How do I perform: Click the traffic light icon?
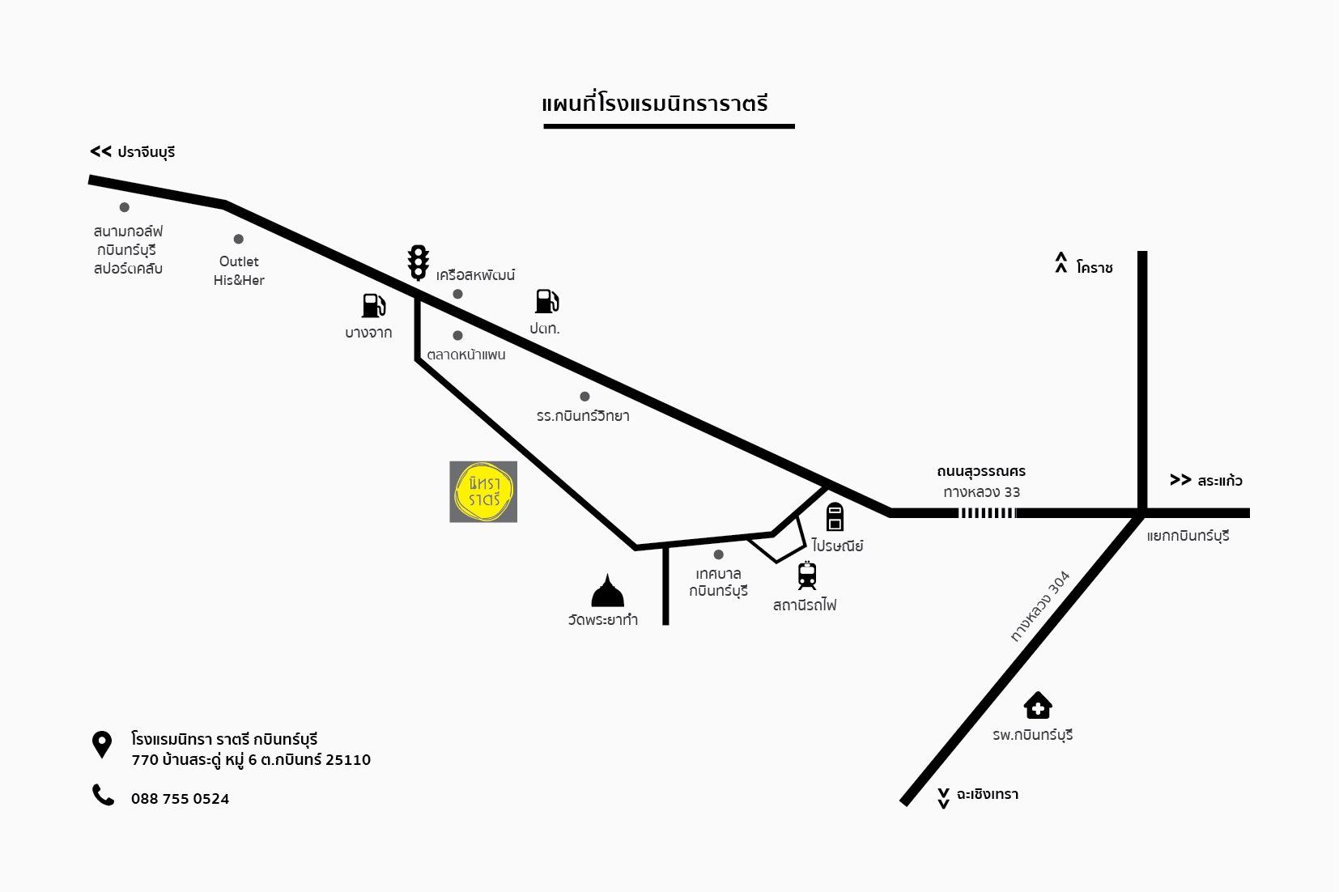[x=419, y=262]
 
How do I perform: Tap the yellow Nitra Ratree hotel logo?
[x=483, y=491]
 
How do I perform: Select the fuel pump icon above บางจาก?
[x=373, y=305]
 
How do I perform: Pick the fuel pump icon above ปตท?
[x=546, y=301]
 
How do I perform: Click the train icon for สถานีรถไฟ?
[x=807, y=576]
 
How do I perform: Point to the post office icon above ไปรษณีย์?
[x=835, y=516]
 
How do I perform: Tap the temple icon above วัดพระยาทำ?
[x=608, y=591]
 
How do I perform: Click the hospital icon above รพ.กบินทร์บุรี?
[x=1037, y=706]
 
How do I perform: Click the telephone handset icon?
[x=103, y=795]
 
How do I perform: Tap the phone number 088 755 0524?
[x=180, y=799]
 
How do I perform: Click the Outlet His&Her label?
[x=239, y=270]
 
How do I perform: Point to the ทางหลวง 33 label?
[x=981, y=492]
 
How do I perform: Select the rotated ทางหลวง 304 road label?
[x=1040, y=606]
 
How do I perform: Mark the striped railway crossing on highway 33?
[x=987, y=513]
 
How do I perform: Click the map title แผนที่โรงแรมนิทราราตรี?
[x=655, y=104]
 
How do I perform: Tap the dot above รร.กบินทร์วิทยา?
[x=584, y=397]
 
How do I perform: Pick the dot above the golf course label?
[x=125, y=207]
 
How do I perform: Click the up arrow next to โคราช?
[x=1061, y=263]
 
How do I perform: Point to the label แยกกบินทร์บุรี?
[x=1188, y=536]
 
